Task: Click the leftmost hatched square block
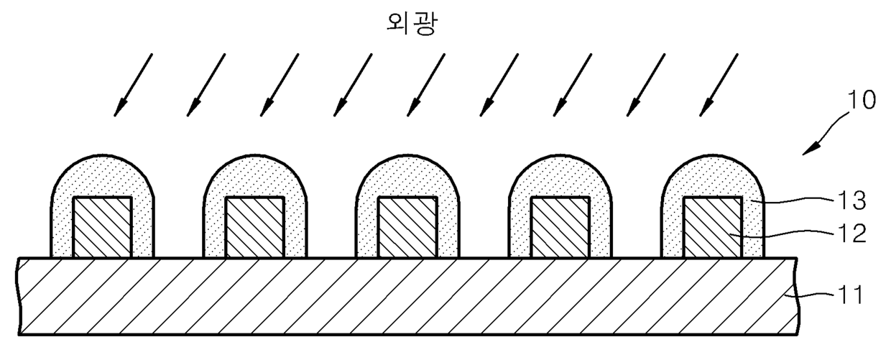[x=103, y=227]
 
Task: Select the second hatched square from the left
[x=255, y=227]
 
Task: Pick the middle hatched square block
[x=407, y=227]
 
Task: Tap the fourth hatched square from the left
[x=560, y=227]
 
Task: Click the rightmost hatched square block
[x=712, y=227]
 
